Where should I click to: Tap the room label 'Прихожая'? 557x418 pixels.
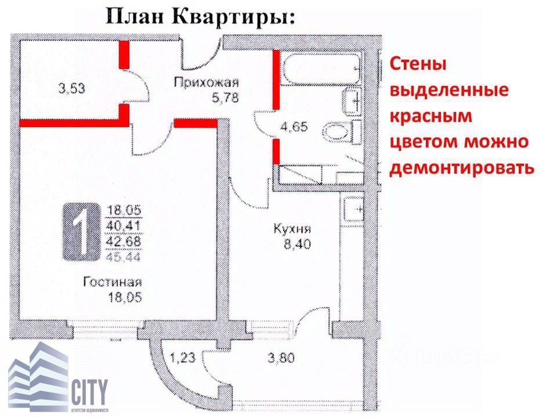click(x=198, y=83)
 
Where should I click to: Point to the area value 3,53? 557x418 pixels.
click(x=72, y=89)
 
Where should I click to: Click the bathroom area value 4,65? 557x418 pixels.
click(x=295, y=126)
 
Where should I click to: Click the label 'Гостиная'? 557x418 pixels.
click(x=113, y=283)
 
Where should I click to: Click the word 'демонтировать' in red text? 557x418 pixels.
click(x=461, y=168)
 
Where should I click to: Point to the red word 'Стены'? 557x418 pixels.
click(x=418, y=64)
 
